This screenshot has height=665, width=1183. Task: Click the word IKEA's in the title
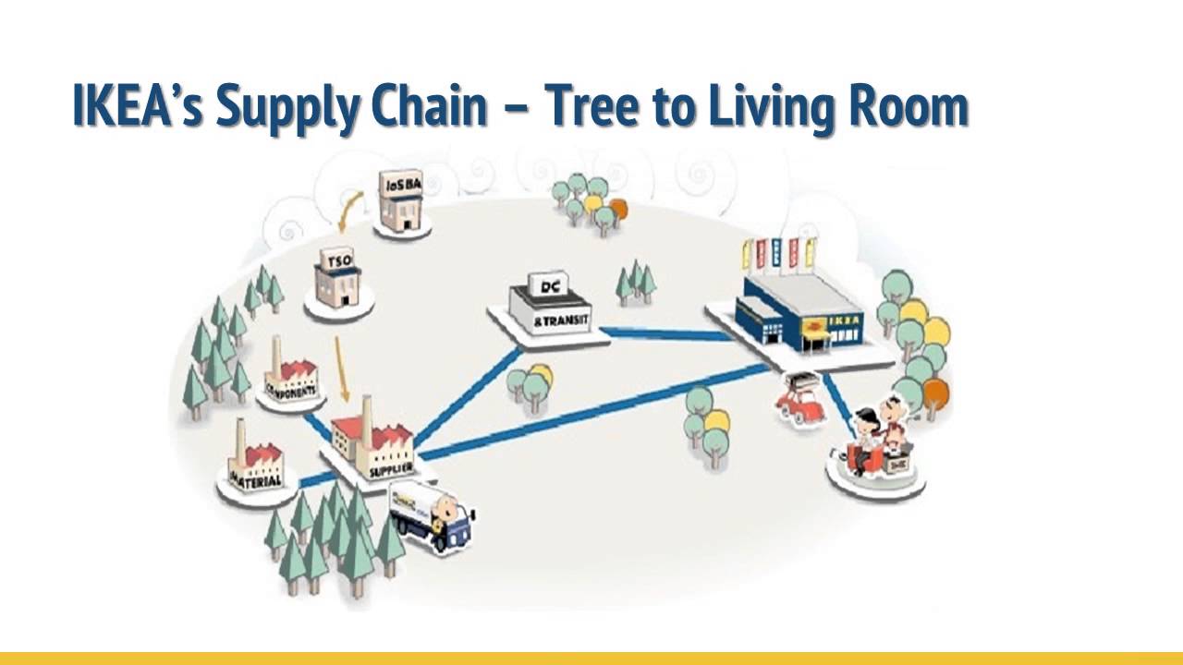click(138, 106)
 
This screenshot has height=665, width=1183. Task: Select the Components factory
click(290, 374)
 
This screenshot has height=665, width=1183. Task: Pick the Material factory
click(255, 456)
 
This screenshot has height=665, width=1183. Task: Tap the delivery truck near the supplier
click(433, 514)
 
